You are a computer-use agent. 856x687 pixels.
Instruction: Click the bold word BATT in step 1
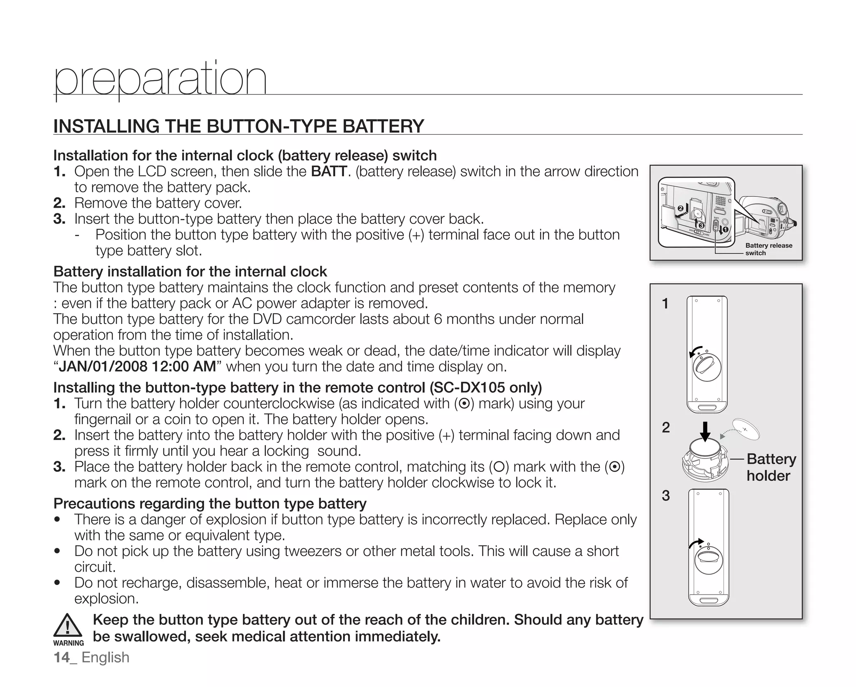pyautogui.click(x=329, y=172)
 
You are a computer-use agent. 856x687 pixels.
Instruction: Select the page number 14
pyautogui.click(x=62, y=657)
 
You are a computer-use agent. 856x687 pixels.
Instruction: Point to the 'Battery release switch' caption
pyautogui.click(x=768, y=249)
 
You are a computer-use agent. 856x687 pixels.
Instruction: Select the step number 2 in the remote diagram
pyautogui.click(x=666, y=427)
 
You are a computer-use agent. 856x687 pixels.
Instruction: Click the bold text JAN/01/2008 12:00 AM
pyautogui.click(x=137, y=367)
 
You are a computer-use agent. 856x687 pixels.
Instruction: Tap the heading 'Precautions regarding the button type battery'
pyautogui.click(x=210, y=504)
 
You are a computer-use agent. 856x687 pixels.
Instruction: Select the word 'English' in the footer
pyautogui.click(x=105, y=657)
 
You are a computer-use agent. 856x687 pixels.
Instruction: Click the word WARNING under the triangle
pyautogui.click(x=69, y=643)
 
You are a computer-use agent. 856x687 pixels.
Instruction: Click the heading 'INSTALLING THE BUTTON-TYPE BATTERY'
pyautogui.click(x=239, y=126)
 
